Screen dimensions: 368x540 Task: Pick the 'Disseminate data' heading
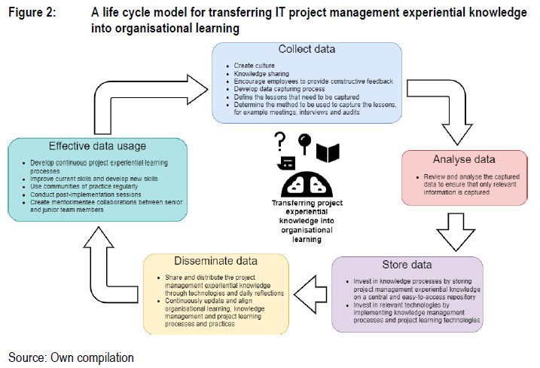click(216, 262)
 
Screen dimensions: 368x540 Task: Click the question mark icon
click(280, 140)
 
